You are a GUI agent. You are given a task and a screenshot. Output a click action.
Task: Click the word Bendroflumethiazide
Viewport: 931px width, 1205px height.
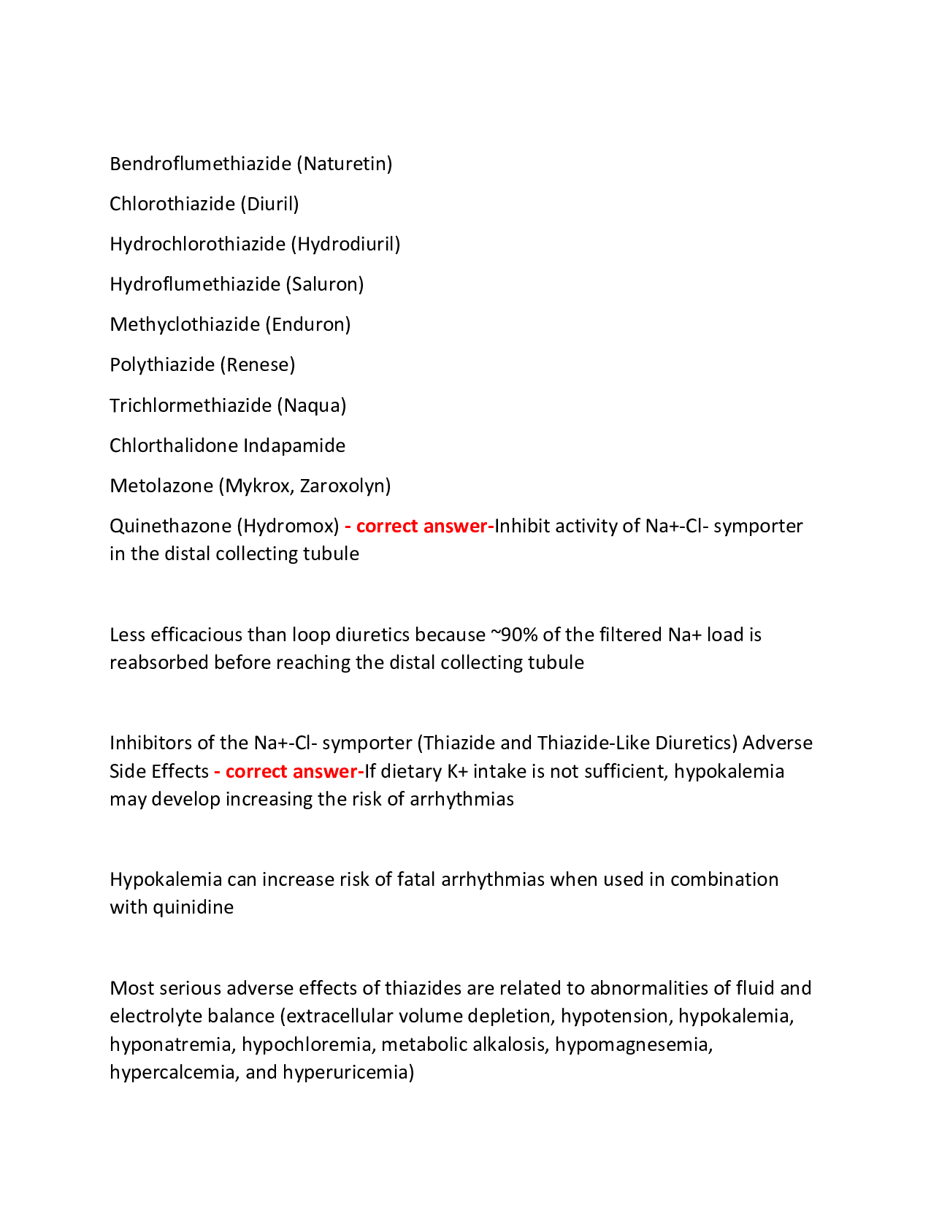[x=200, y=164]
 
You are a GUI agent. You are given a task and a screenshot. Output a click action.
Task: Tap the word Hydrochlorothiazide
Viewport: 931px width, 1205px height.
[x=197, y=244]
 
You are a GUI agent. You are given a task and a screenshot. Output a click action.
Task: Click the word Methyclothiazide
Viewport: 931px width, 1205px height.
[x=185, y=324]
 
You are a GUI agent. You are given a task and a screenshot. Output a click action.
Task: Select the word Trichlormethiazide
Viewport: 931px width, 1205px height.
[x=191, y=405]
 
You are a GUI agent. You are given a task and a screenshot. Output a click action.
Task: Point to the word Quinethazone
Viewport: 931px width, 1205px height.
[x=171, y=526]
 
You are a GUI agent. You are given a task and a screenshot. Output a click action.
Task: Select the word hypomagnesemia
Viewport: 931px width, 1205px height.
[x=633, y=1044]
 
